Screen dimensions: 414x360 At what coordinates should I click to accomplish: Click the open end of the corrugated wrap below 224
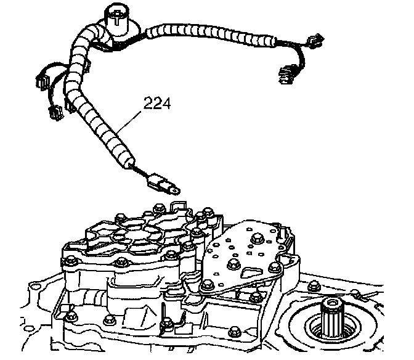click(x=129, y=164)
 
